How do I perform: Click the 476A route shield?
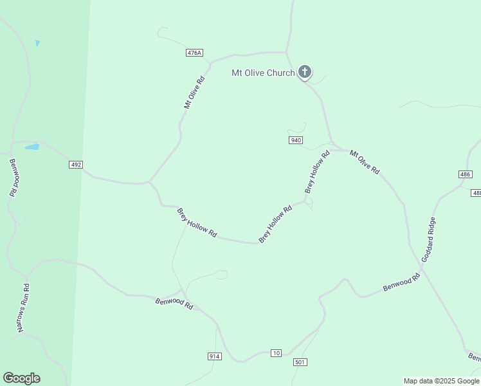click(194, 53)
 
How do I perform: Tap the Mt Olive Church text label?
click(263, 73)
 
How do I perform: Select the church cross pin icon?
click(305, 71)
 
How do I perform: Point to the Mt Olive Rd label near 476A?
click(194, 93)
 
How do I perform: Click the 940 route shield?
click(296, 140)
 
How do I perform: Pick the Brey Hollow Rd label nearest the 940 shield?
click(317, 172)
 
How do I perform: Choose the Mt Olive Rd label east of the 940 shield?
click(365, 162)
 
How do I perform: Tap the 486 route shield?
click(466, 174)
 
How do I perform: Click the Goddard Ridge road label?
click(428, 239)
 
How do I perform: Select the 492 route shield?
click(76, 165)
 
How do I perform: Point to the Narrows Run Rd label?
click(24, 308)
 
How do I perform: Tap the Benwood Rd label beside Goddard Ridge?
click(401, 282)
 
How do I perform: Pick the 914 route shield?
click(215, 356)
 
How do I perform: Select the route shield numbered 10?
click(276, 353)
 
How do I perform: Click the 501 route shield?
click(300, 362)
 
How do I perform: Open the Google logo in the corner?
click(21, 378)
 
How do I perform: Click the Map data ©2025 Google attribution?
click(441, 381)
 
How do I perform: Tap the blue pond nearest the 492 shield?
click(32, 147)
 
